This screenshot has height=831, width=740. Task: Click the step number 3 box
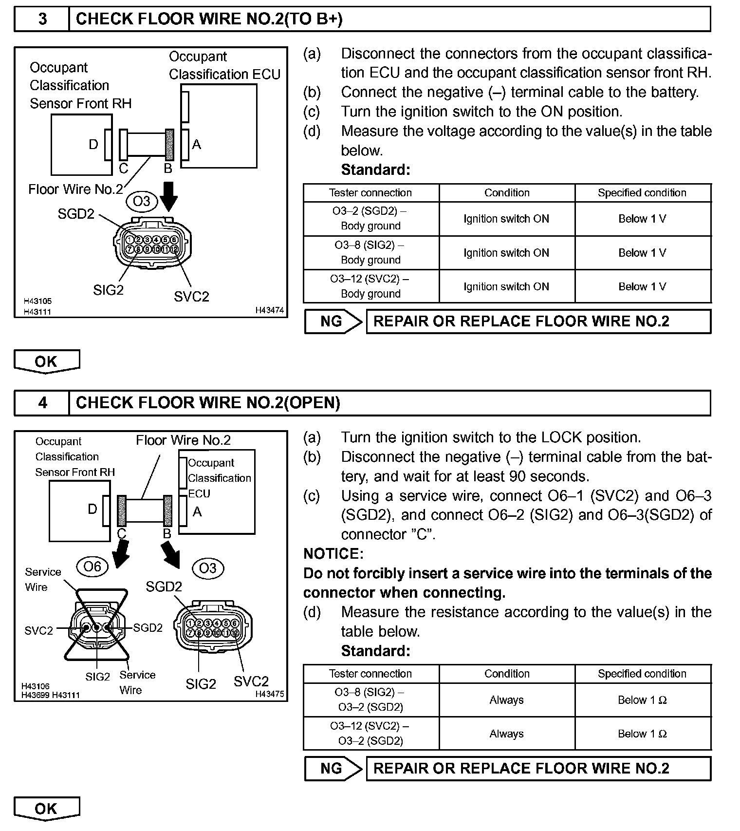pos(42,19)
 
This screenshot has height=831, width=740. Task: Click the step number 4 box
pos(42,403)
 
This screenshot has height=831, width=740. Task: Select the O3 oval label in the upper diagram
pos(142,201)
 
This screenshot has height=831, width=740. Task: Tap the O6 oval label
pos(92,567)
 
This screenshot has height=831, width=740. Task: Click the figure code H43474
pos(270,310)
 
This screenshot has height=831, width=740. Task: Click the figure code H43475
pos(270,694)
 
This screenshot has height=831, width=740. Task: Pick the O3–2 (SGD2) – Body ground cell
pos(371,219)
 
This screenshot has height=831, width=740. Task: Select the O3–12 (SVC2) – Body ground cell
pos(371,286)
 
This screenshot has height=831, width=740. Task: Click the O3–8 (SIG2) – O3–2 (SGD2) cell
pos(371,699)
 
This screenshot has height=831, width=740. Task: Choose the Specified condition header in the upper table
pos(642,193)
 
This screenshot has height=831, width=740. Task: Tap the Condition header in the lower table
pos(507,674)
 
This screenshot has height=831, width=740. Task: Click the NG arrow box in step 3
pos(333,321)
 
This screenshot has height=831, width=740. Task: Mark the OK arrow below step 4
pos(46,809)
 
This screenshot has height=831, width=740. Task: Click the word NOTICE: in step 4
pos(333,554)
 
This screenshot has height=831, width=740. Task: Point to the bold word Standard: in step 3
pos(375,170)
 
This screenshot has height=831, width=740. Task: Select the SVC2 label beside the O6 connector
pos(38,631)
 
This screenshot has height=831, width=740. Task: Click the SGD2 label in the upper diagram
pos(76,214)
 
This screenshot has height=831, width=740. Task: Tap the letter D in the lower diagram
pos(92,509)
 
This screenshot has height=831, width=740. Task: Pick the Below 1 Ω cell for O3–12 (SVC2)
pos(642,734)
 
